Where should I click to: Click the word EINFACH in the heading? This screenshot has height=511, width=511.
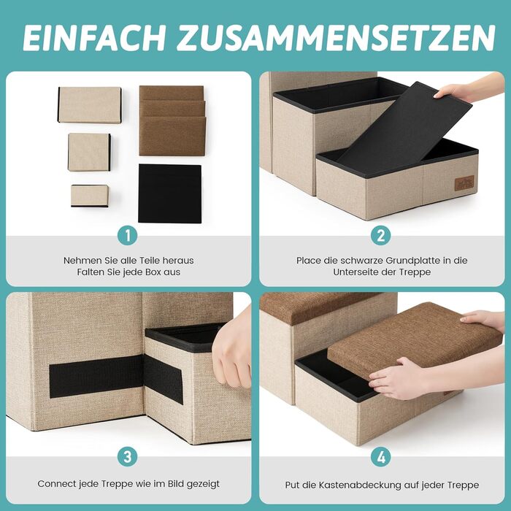[x=94, y=37]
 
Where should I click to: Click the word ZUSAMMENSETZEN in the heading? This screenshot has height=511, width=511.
[x=335, y=37]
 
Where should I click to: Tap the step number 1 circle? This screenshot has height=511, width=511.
[x=128, y=235]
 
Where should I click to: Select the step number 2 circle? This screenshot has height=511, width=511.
[x=381, y=235]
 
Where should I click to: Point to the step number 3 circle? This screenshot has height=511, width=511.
[x=128, y=456]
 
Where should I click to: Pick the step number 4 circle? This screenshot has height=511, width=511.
[x=381, y=456]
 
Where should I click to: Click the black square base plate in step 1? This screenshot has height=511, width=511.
[x=170, y=193]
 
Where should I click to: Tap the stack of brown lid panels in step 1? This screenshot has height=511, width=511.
[x=172, y=120]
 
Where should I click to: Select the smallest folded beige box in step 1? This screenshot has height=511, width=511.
[x=90, y=196]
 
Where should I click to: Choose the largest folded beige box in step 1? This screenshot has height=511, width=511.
[x=90, y=104]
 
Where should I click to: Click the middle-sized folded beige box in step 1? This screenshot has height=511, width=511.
[x=89, y=152]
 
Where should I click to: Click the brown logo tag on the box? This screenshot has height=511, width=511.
[x=464, y=183]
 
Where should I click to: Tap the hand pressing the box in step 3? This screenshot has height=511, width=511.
[x=232, y=350]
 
